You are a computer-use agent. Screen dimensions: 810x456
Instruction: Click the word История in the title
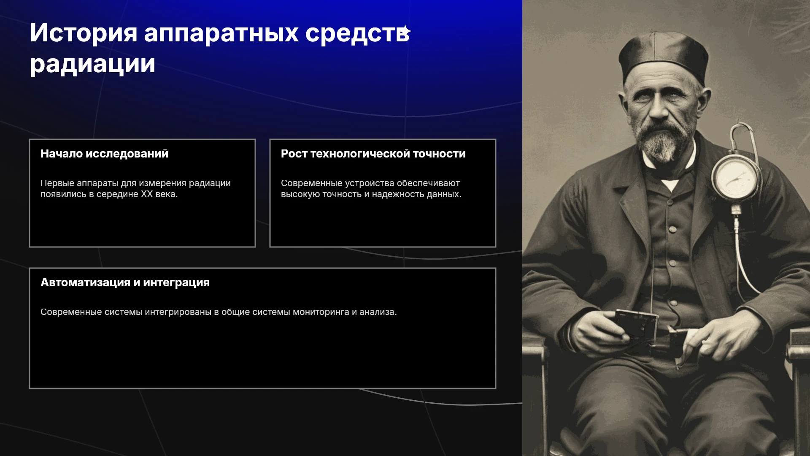(x=84, y=33)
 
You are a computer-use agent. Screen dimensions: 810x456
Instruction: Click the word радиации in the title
(x=92, y=64)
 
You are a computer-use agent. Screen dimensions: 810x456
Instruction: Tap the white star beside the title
(x=406, y=31)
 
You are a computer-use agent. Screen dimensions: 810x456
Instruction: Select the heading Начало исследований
(x=104, y=154)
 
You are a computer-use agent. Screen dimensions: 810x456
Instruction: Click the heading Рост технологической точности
(x=373, y=154)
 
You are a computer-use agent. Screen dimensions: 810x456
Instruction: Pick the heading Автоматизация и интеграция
(x=125, y=282)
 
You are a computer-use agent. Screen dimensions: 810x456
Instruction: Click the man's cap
(x=664, y=57)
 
